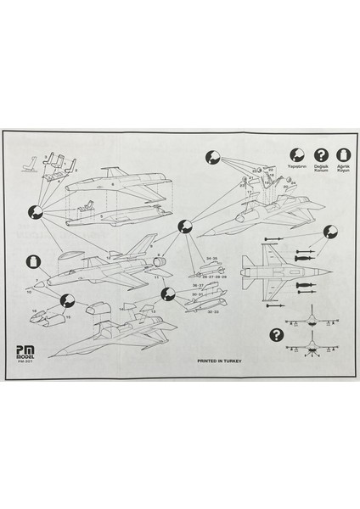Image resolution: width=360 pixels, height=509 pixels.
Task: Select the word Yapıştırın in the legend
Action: [x=295, y=167]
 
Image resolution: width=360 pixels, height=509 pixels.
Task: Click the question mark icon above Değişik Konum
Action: [x=321, y=154]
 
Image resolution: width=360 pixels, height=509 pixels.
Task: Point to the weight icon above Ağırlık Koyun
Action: [x=344, y=154]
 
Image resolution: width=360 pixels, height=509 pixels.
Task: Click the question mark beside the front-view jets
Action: [x=276, y=333]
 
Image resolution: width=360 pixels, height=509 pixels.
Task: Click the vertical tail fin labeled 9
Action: [x=147, y=243]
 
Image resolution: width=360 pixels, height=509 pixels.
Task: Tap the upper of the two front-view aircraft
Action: [x=314, y=320]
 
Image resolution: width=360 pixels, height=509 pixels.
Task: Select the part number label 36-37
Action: [x=199, y=285]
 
